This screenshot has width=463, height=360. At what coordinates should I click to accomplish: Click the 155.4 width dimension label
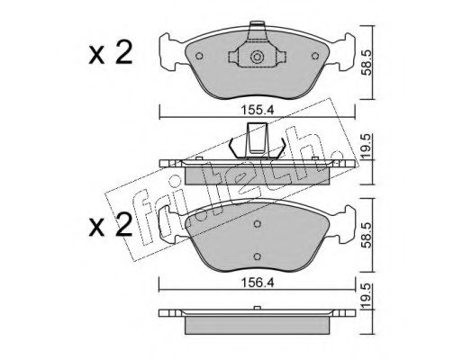click(x=257, y=111)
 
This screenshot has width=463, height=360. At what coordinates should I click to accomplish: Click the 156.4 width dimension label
click(x=257, y=283)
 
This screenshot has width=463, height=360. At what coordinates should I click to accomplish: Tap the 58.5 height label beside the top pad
click(x=367, y=63)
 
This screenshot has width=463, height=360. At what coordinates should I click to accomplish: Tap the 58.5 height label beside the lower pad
click(x=367, y=236)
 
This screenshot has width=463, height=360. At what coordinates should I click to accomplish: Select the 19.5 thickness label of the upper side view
click(x=366, y=146)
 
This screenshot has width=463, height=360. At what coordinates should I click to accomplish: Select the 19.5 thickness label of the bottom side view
click(x=366, y=295)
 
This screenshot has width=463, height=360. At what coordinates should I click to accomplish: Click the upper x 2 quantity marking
click(x=111, y=53)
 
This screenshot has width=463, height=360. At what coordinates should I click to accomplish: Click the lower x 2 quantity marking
click(x=111, y=225)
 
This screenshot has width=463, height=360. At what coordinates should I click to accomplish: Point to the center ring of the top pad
click(x=257, y=57)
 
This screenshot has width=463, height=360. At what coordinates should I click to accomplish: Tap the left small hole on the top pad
click(x=199, y=56)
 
